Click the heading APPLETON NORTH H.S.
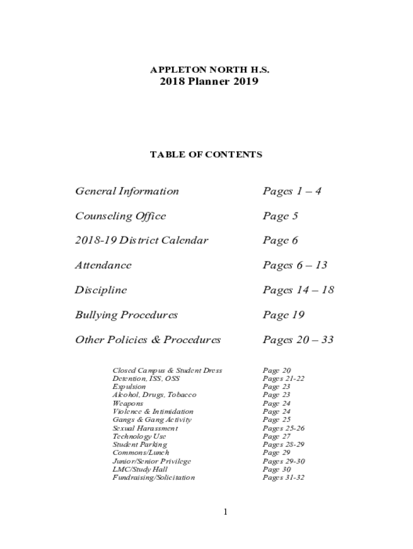209,70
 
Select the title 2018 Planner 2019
209,82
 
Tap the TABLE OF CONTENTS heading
206,155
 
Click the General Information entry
127,191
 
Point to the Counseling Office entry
121,216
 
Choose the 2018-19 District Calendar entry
142,240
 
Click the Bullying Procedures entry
127,315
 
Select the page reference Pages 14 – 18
298,290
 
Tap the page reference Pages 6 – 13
295,265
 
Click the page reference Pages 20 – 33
298,340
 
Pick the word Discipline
101,290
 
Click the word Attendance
104,265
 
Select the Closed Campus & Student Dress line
167,370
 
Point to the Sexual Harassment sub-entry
145,428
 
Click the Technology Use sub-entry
139,436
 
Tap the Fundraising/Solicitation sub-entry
154,477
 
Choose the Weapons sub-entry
128,403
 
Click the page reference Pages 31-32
284,477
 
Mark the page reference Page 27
277,436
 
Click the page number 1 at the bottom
226,512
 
